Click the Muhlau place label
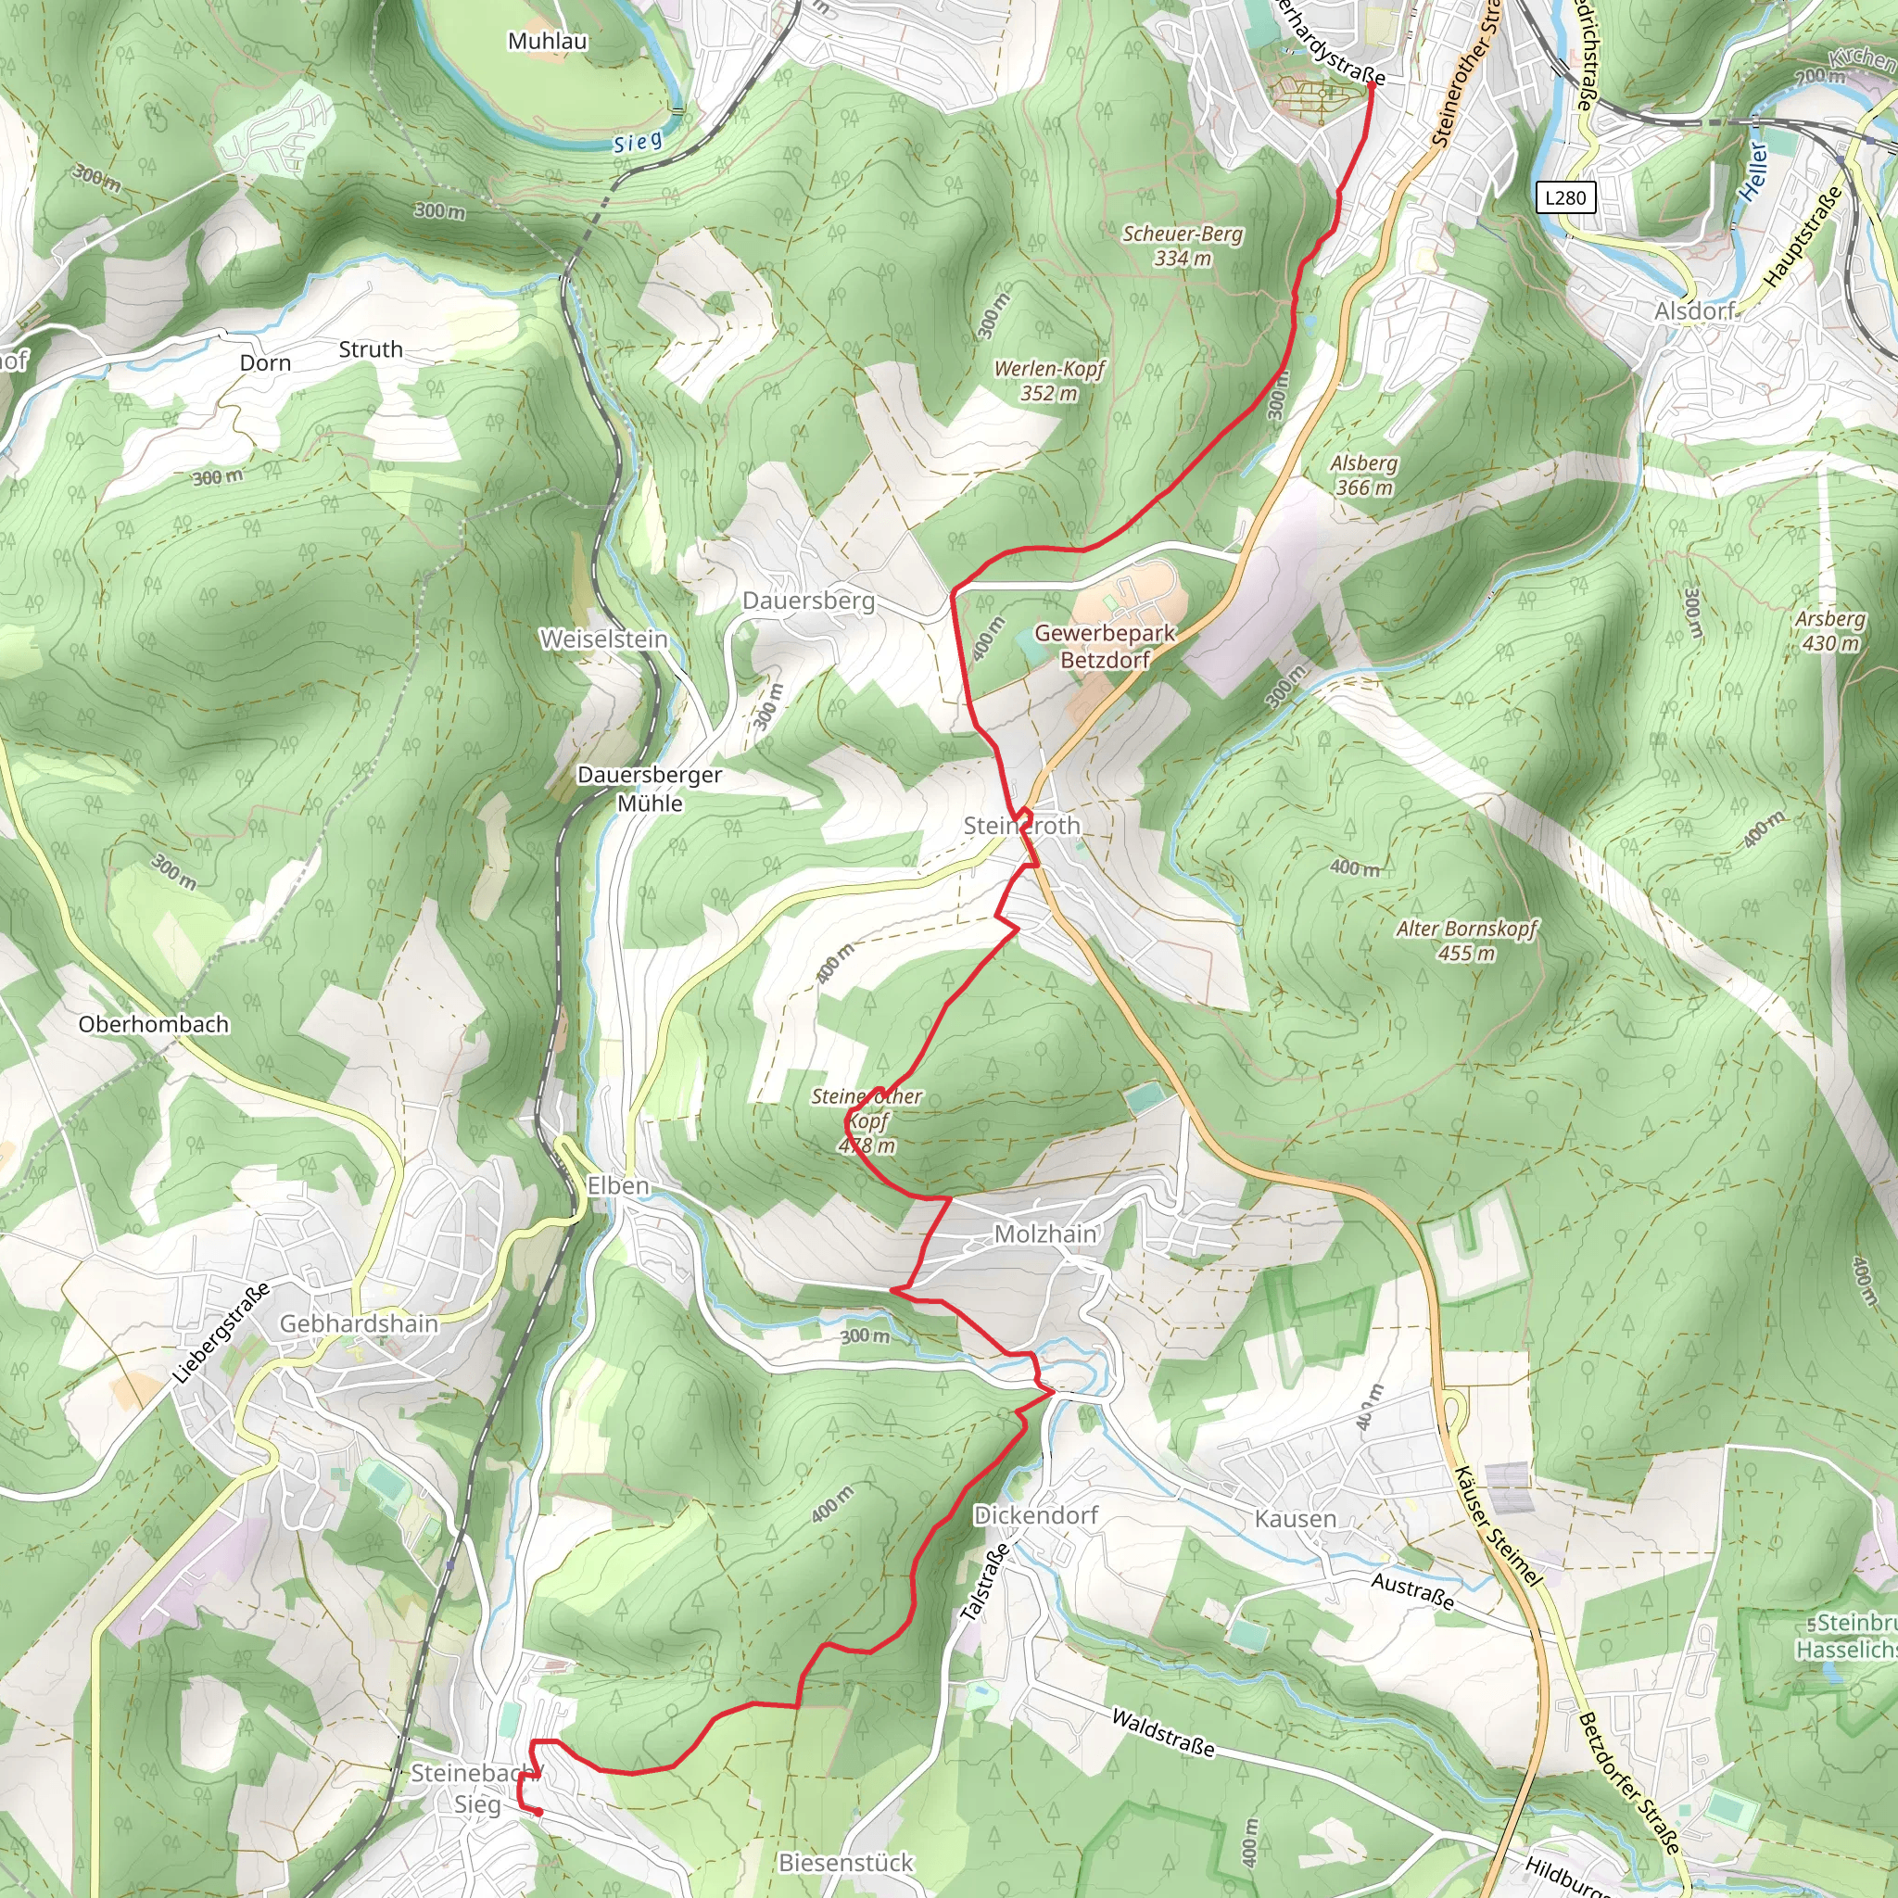[x=547, y=42]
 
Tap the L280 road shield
[x=1565, y=197]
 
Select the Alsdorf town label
[x=1695, y=311]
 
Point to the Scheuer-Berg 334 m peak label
[x=1182, y=246]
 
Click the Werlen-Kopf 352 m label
[x=1049, y=380]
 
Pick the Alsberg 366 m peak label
[x=1363, y=474]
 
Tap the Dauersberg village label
[x=807, y=601]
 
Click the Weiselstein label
[x=603, y=639]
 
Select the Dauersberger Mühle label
[x=650, y=788]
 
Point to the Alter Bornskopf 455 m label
[x=1466, y=940]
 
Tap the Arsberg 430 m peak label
[x=1829, y=631]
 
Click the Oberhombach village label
[x=153, y=1024]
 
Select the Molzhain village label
[x=1044, y=1233]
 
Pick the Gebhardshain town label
[x=359, y=1323]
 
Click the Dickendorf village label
[x=1035, y=1515]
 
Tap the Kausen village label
[x=1295, y=1519]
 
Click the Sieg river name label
[x=638, y=143]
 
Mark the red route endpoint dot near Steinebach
[x=538, y=1813]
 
